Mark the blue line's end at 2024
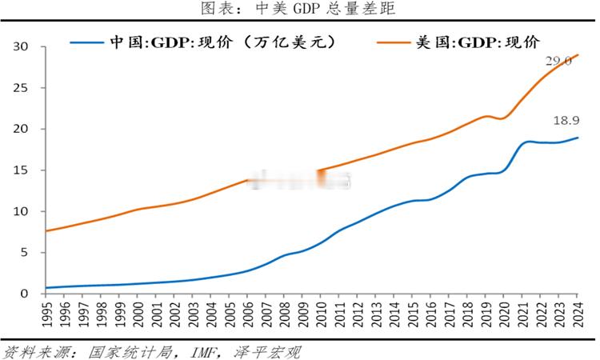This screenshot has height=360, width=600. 578,138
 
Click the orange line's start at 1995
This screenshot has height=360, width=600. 46,231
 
